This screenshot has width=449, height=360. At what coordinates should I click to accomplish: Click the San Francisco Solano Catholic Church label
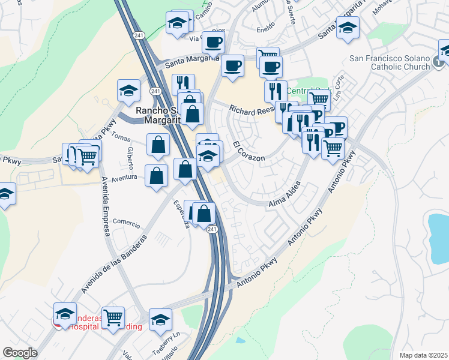pos(390,63)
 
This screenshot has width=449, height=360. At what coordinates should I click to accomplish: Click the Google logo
pos(20,353)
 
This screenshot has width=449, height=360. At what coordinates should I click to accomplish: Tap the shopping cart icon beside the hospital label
pos(113,316)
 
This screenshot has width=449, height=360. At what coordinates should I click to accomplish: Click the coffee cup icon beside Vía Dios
pos(213,41)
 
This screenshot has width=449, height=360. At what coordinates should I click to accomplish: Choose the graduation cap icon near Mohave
pos(348,27)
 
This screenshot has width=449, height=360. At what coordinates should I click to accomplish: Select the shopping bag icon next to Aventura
pos(156,176)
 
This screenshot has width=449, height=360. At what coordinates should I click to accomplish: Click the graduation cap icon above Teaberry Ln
pos(160,319)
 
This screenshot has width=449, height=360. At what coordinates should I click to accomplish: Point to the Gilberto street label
pos(130,157)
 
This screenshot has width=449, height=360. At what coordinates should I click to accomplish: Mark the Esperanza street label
pos(182,214)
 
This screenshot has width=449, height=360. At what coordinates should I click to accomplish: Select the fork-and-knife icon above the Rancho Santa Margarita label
pos(183,83)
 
